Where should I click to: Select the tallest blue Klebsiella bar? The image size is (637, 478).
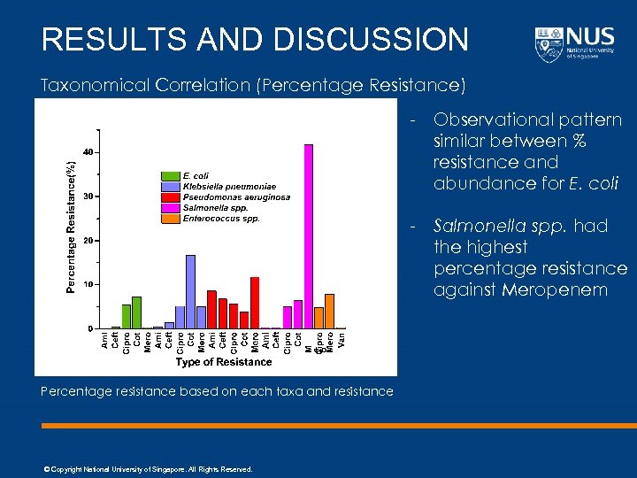190,291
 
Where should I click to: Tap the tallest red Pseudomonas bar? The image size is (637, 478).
255,302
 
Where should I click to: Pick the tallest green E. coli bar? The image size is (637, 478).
136,312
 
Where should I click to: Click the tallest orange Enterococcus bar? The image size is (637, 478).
329,311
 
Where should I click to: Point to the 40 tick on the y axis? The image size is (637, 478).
87,152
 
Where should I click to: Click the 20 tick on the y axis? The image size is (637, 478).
87,241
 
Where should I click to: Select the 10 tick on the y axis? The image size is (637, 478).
87,285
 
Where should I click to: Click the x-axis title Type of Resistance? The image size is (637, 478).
223,362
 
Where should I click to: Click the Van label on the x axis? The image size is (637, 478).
342,339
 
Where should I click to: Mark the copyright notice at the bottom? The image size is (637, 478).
148,469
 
